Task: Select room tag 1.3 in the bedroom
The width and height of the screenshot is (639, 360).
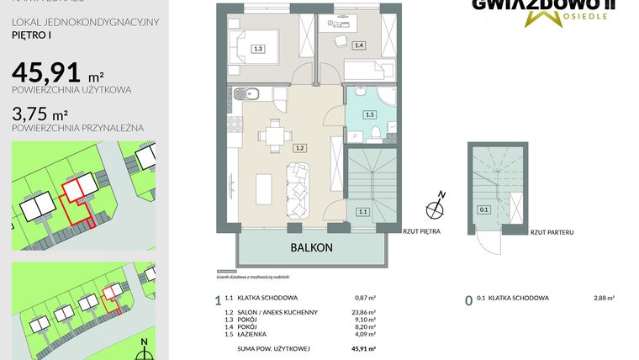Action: [259, 50]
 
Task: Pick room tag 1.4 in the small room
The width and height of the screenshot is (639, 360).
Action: [359, 45]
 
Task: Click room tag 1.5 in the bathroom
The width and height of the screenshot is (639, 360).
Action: [368, 114]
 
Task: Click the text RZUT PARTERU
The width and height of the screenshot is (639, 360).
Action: [551, 230]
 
